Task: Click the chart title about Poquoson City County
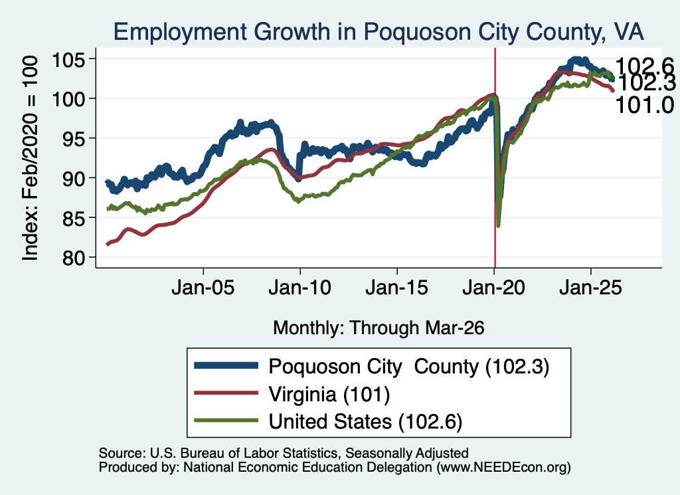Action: click(x=379, y=31)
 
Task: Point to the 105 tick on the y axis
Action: click(x=68, y=59)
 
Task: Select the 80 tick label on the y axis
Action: click(x=74, y=257)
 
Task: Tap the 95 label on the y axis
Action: click(x=74, y=138)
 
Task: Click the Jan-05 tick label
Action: click(x=203, y=288)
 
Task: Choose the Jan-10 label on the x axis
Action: click(x=300, y=288)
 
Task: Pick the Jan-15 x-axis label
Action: click(x=397, y=288)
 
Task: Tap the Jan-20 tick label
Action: click(x=494, y=288)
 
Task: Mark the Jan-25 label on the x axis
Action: click(x=590, y=288)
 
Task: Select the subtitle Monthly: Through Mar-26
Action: click(x=379, y=328)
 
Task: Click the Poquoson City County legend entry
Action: click(x=409, y=367)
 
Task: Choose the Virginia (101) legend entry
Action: click(x=329, y=395)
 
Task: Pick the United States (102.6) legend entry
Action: click(x=366, y=422)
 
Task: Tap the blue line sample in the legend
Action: click(x=226, y=365)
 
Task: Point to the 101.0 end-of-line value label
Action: click(x=644, y=105)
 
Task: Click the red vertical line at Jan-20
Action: click(x=495, y=158)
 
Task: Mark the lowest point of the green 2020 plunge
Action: click(x=498, y=225)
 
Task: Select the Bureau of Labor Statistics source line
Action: click(x=284, y=453)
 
